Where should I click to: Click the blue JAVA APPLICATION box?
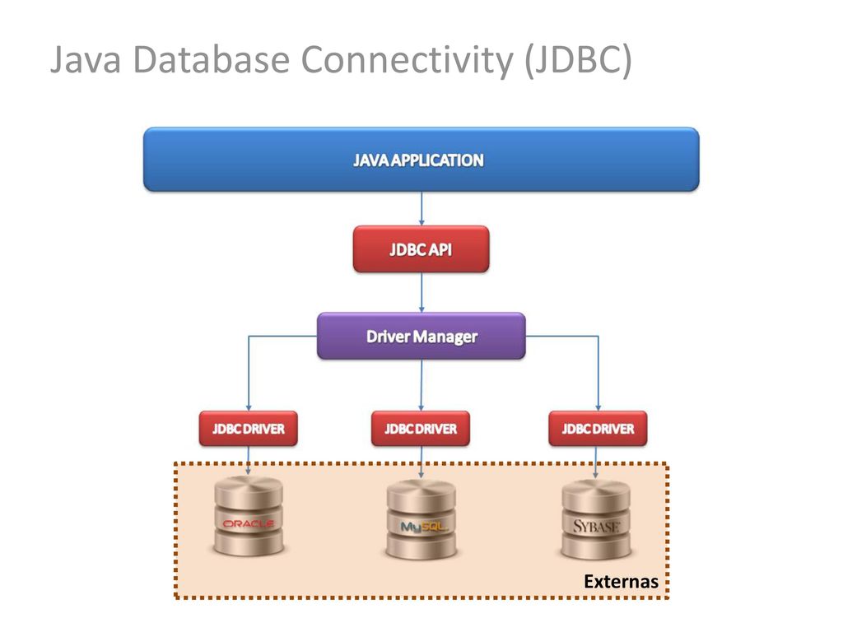pos(421,160)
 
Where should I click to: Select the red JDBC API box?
pos(421,249)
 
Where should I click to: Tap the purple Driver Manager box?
pos(421,336)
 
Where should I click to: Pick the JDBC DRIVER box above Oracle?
pos(248,429)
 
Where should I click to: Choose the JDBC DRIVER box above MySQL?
pos(421,429)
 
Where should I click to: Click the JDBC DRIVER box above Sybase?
pos(598,429)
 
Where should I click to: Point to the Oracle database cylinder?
pos(249,517)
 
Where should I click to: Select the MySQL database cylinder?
pos(421,519)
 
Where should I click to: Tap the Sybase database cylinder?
pos(596,519)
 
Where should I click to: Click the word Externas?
pos(621,582)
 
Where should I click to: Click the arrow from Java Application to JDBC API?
pos(421,208)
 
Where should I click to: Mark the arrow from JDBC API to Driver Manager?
pos(421,293)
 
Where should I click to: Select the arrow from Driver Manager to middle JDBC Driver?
pos(421,385)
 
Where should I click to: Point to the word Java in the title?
pos(86,59)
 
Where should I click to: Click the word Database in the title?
pos(212,58)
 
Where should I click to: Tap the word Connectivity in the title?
pos(407,60)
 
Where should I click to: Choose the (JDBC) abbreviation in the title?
pos(579,60)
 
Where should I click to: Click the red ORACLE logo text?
pos(249,523)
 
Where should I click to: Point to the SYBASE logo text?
pos(596,526)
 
